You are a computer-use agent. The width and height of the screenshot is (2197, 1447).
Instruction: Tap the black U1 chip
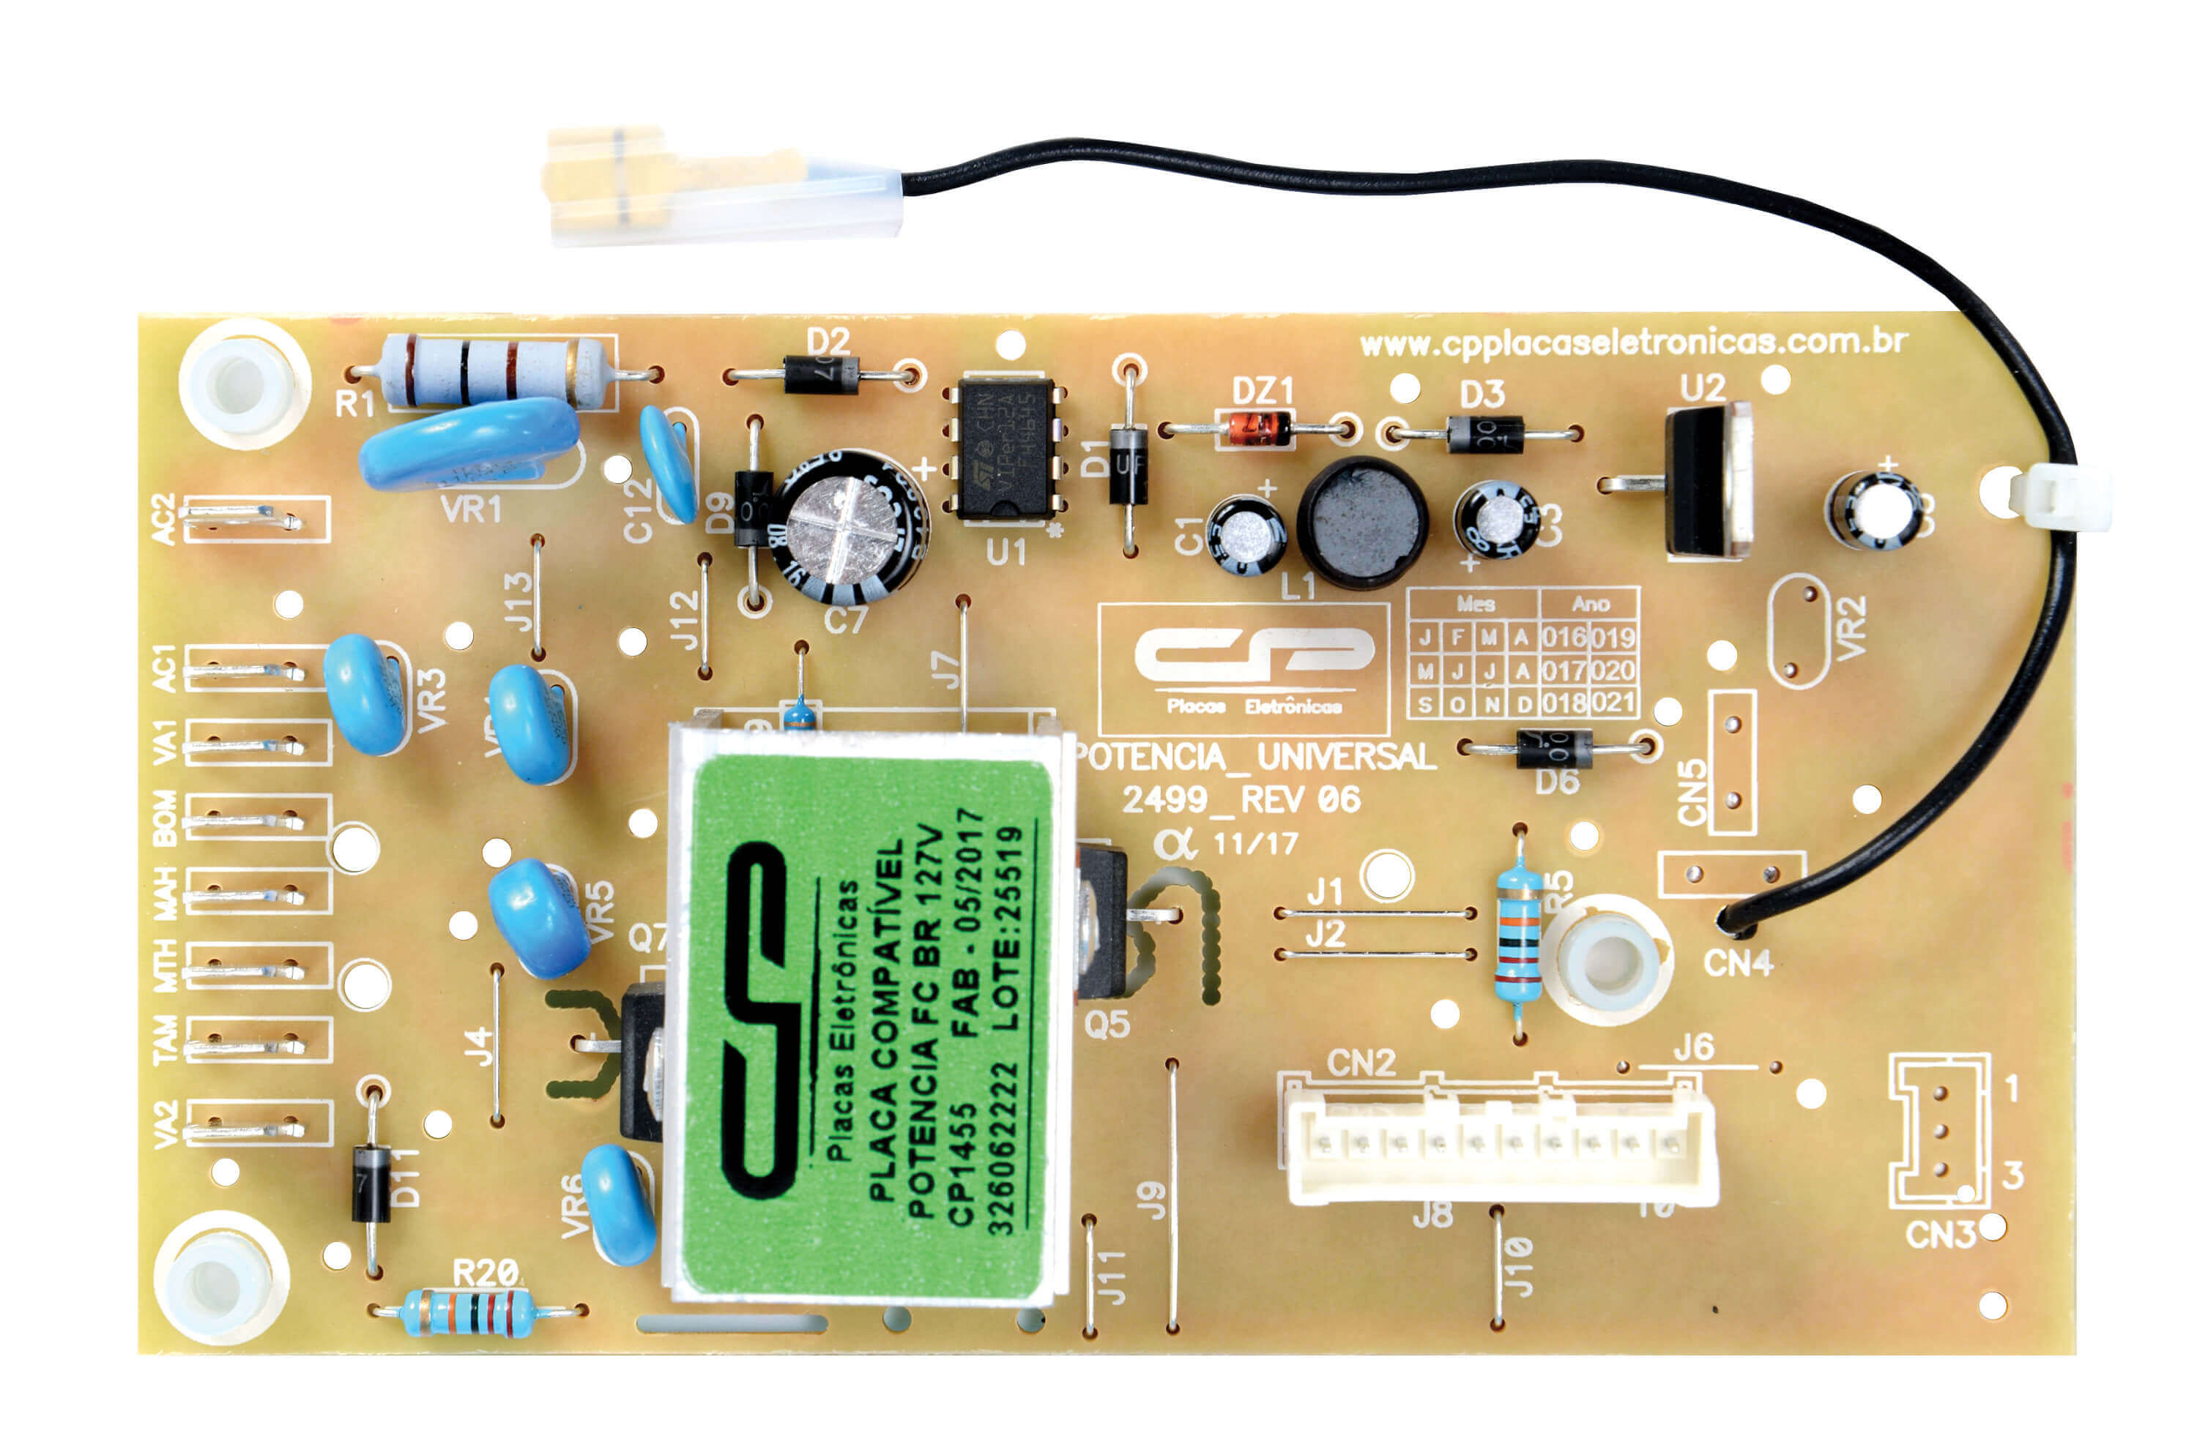coord(1005,448)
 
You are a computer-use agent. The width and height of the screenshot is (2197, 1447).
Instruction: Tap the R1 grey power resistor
coord(499,372)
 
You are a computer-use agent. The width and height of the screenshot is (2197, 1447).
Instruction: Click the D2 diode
coord(821,375)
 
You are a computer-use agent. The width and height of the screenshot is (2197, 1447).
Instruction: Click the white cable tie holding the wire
coord(2058,498)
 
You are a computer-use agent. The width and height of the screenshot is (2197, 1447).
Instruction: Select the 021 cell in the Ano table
coord(1613,703)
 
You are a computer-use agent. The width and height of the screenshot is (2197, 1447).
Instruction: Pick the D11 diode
coord(371,1183)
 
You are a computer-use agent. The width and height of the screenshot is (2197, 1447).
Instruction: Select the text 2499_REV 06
coord(1241,799)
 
